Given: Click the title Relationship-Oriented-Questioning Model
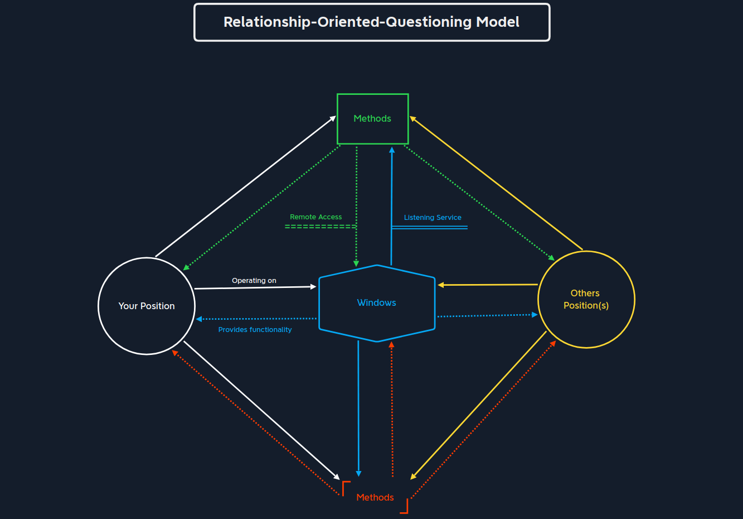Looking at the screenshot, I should point(371,22).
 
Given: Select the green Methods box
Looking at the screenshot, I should point(372,119).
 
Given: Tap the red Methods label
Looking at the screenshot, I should point(375,497).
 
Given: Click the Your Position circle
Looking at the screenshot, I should point(147,306).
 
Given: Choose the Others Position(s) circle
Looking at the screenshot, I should point(586,300).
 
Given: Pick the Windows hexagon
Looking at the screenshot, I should point(377,303).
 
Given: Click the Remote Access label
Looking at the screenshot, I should point(315,217).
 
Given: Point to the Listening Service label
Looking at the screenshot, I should point(433,218).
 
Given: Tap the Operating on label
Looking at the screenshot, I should point(254,281).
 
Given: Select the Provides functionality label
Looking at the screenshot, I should point(255,330).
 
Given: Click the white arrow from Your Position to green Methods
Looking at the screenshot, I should point(245,187).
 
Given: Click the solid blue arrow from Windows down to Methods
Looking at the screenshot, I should point(358,407).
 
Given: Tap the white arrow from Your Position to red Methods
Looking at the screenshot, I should point(262,410).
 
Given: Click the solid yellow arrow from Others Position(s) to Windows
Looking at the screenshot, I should point(488,285).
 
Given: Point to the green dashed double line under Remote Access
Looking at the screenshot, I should point(320,227).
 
